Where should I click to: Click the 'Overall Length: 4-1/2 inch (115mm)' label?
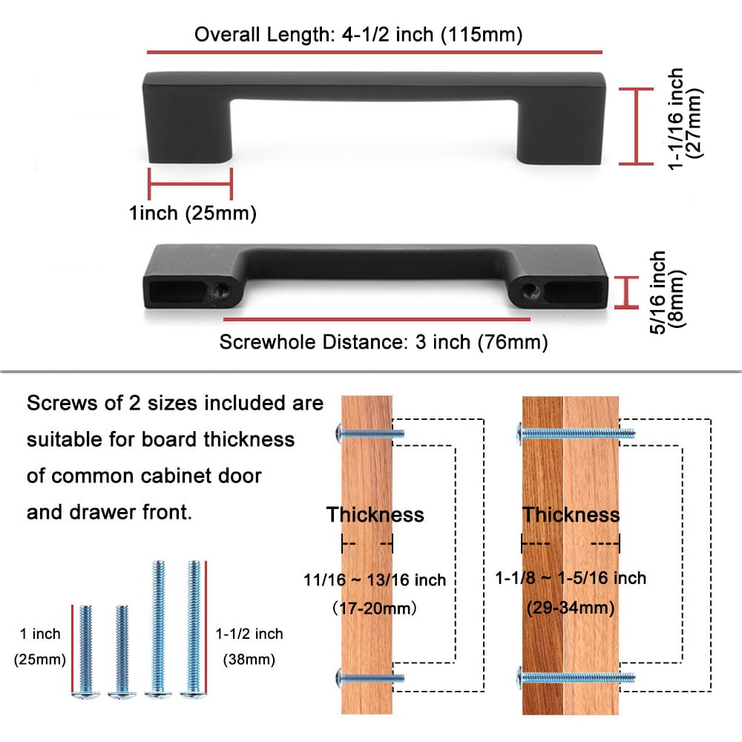point(358,35)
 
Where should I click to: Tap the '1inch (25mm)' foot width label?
point(193,214)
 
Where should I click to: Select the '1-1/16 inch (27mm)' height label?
point(685,119)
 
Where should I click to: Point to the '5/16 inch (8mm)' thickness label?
point(667,292)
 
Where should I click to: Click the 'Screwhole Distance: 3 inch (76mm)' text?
point(384,342)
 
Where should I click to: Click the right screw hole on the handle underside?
point(531,289)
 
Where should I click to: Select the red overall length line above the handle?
point(374,52)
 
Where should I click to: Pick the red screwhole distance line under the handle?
point(377,319)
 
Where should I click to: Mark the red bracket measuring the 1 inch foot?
point(190,183)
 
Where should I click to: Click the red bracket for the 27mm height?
point(637,126)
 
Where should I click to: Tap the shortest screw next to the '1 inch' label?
point(85,651)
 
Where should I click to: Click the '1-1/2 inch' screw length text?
point(249,634)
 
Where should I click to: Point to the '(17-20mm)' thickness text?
point(374,608)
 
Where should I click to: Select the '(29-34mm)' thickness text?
point(571,608)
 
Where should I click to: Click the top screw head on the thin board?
point(339,433)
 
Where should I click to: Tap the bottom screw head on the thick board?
point(519,677)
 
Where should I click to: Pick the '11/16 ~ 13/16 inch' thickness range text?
point(374,580)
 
